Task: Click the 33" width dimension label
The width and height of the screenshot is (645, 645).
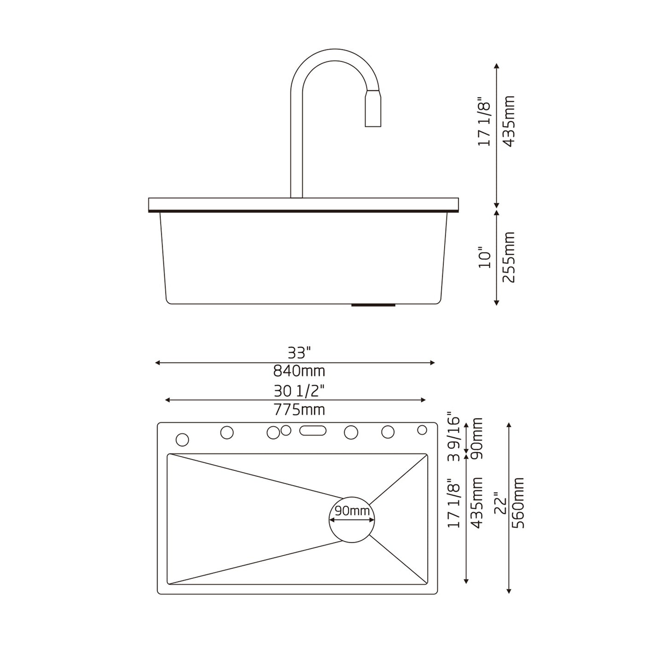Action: (x=299, y=353)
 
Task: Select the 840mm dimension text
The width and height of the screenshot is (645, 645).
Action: (x=299, y=370)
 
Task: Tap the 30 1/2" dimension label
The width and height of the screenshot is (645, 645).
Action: (x=299, y=391)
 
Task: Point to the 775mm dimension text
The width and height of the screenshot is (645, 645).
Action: (x=299, y=409)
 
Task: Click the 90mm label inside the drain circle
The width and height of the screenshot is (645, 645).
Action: (x=352, y=510)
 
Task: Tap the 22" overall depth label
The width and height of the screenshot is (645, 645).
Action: (x=501, y=508)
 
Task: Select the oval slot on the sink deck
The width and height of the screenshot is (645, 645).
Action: (x=313, y=431)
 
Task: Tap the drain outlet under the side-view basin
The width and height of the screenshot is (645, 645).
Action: (x=373, y=305)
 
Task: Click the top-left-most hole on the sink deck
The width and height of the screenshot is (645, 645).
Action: (x=182, y=440)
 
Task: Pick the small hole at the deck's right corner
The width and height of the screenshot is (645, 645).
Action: (x=422, y=430)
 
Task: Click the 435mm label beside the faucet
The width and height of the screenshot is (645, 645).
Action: (x=509, y=121)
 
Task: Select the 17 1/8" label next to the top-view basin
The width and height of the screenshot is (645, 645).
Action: (x=454, y=503)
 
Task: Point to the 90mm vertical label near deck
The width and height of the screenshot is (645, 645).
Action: (x=477, y=435)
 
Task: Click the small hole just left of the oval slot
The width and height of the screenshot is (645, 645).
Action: (x=286, y=430)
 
